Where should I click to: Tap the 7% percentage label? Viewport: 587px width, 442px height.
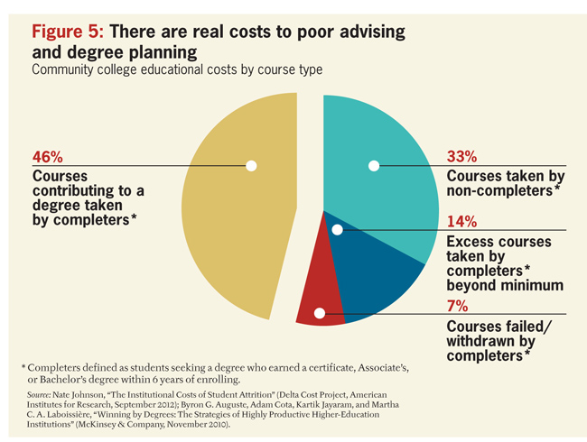[457, 305]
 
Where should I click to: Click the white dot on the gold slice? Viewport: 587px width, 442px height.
[251, 165]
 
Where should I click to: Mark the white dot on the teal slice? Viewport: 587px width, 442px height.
[373, 165]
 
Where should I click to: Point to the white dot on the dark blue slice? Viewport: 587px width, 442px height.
[337, 230]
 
